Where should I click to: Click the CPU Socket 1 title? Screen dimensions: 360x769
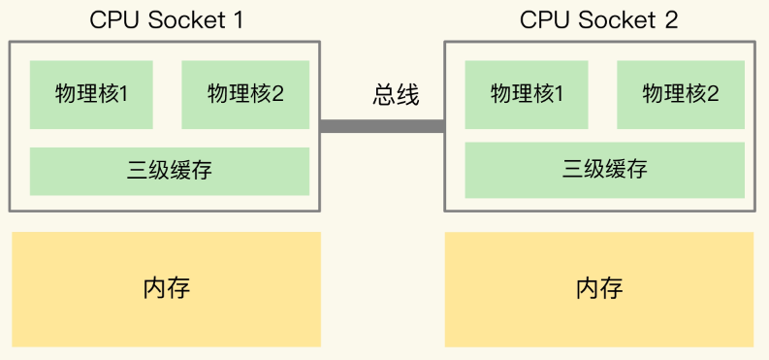click(165, 20)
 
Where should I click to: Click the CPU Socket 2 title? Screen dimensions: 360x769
click(598, 20)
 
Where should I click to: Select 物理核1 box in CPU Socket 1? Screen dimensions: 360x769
click(91, 94)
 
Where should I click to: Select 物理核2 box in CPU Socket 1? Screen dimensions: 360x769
click(245, 94)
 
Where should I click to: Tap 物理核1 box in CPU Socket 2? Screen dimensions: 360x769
click(527, 94)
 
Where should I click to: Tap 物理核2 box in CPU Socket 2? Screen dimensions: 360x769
click(681, 94)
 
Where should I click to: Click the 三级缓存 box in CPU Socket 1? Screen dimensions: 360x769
click(169, 171)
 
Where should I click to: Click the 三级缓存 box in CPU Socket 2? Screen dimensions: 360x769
click(604, 170)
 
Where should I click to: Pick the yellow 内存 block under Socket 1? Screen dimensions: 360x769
click(166, 289)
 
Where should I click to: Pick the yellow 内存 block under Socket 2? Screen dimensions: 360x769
click(598, 289)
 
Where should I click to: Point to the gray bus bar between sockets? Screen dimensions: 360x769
click(382, 126)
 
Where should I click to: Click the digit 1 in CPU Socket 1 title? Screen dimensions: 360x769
click(237, 20)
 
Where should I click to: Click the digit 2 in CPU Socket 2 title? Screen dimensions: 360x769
click(671, 20)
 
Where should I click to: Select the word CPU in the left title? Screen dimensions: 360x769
click(112, 20)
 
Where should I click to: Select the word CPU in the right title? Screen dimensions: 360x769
click(544, 20)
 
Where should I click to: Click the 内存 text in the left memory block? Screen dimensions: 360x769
click(166, 289)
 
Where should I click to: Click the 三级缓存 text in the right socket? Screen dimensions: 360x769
click(604, 170)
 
